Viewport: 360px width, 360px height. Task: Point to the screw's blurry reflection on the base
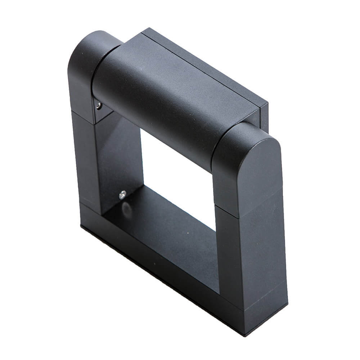[x=126, y=208]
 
